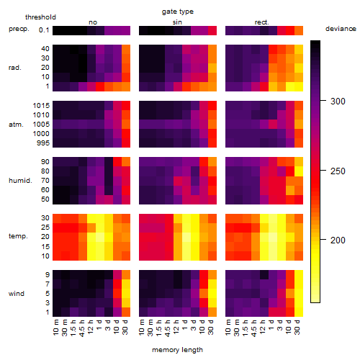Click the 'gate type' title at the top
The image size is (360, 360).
click(x=178, y=12)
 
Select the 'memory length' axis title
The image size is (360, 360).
click(x=177, y=350)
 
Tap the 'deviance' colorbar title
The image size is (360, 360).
click(x=341, y=29)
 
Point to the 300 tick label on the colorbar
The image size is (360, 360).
click(x=338, y=102)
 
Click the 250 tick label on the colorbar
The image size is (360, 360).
click(x=338, y=171)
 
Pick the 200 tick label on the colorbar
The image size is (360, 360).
click(x=338, y=240)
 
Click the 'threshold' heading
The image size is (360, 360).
click(x=40, y=17)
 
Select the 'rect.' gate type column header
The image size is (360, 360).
click(x=261, y=22)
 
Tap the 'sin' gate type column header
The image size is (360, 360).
click(x=177, y=22)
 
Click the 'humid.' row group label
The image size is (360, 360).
click(x=20, y=181)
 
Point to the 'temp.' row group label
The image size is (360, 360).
click(x=18, y=236)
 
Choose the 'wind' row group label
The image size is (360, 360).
click(x=17, y=294)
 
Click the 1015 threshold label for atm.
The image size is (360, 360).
click(x=41, y=106)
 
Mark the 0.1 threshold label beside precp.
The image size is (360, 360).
click(x=44, y=30)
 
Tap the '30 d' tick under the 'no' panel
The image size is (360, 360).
click(x=125, y=327)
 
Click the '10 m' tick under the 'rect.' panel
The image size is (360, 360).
click(x=229, y=327)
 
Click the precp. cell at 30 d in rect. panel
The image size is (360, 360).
click(x=299, y=30)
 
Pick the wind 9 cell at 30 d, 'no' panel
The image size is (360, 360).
click(x=126, y=274)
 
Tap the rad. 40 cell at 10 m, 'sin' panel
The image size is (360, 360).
click(x=143, y=49)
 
